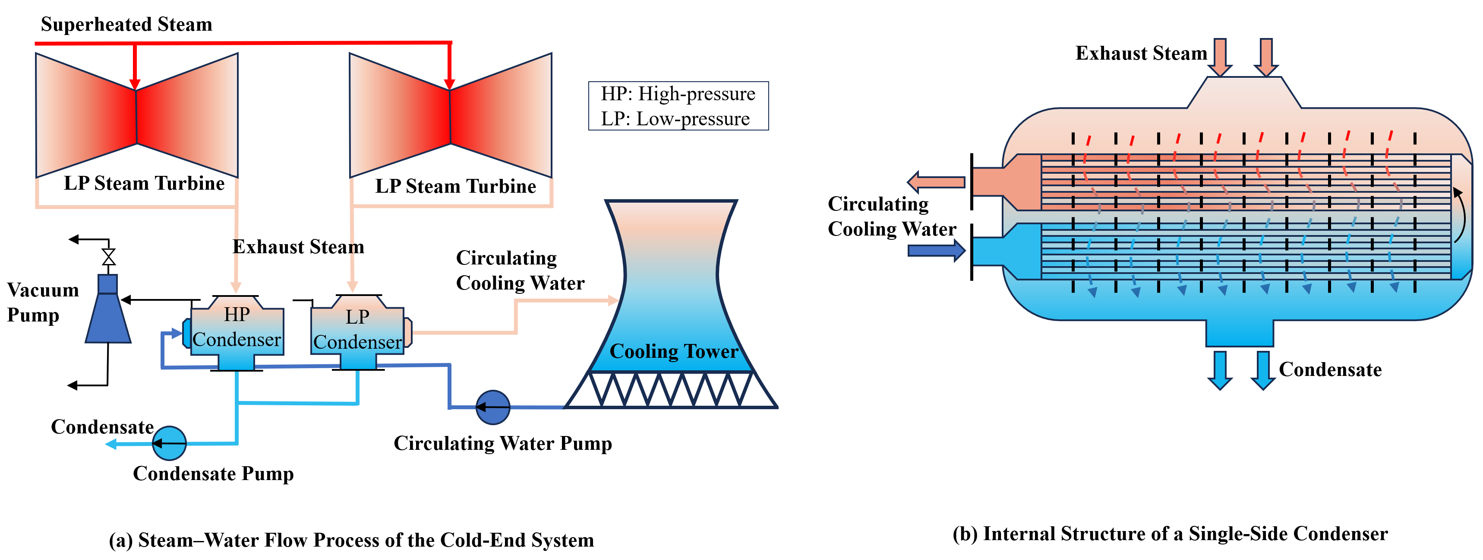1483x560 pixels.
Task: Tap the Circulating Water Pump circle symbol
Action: (493, 407)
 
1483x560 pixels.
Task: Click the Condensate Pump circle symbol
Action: (169, 443)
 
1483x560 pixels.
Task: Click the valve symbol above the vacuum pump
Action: (108, 257)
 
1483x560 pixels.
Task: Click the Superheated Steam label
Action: (126, 24)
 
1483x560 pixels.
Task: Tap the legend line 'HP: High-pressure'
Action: (678, 93)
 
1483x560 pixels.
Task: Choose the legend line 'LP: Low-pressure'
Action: (675, 119)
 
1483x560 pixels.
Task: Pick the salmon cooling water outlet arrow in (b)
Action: (936, 182)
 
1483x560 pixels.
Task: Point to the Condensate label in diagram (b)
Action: (1330, 369)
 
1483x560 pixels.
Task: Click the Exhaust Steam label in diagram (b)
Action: (1141, 53)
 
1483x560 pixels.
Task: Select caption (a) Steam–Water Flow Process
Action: (351, 540)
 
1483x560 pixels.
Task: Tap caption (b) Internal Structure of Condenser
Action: (1170, 534)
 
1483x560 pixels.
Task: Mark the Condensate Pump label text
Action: (213, 473)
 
